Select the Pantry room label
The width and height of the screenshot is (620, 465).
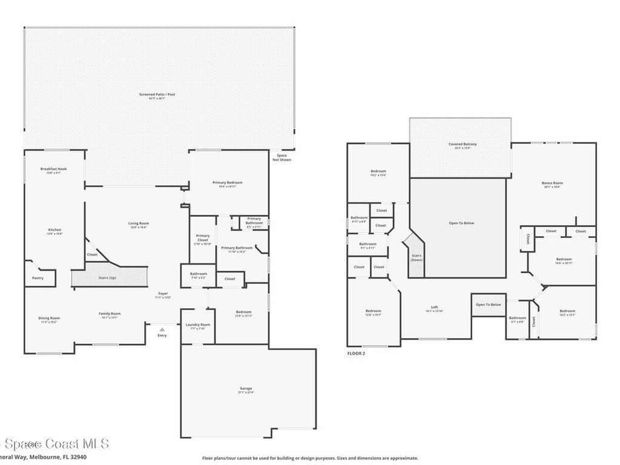38,279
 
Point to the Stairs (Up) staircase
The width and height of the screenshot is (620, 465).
110,277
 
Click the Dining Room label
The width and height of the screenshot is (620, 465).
50,319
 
